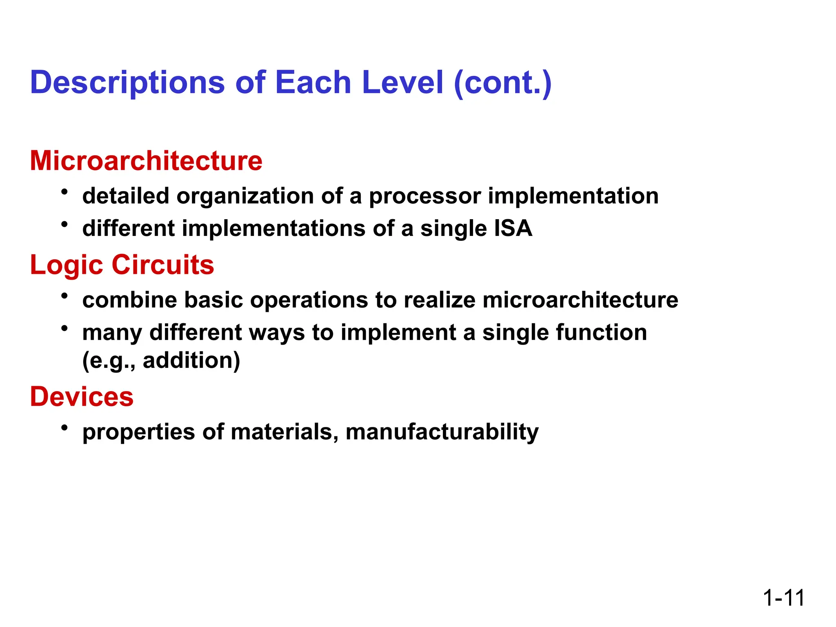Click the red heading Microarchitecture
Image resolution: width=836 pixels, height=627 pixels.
[x=146, y=161]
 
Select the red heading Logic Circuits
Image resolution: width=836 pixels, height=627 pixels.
[x=122, y=265]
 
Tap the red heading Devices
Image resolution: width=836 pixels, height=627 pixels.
[x=82, y=397]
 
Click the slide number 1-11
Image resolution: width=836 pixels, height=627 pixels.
[x=783, y=598]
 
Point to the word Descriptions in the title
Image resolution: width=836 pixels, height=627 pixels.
[x=127, y=83]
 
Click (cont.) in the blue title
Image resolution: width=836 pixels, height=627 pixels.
[x=502, y=83]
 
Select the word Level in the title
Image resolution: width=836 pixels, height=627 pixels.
[x=402, y=83]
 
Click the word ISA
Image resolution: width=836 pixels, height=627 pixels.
[x=513, y=228]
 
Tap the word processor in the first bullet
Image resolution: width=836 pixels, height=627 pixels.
[x=425, y=196]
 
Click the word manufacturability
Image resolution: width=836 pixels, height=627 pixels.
[x=442, y=432]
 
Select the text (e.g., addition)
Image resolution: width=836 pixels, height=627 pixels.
[x=161, y=360]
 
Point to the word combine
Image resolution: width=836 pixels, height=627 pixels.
[x=129, y=300]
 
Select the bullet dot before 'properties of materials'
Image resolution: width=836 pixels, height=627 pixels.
[x=64, y=427]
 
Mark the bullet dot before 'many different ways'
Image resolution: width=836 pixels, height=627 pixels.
[x=64, y=328]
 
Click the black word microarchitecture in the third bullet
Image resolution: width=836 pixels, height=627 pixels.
[x=580, y=300]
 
